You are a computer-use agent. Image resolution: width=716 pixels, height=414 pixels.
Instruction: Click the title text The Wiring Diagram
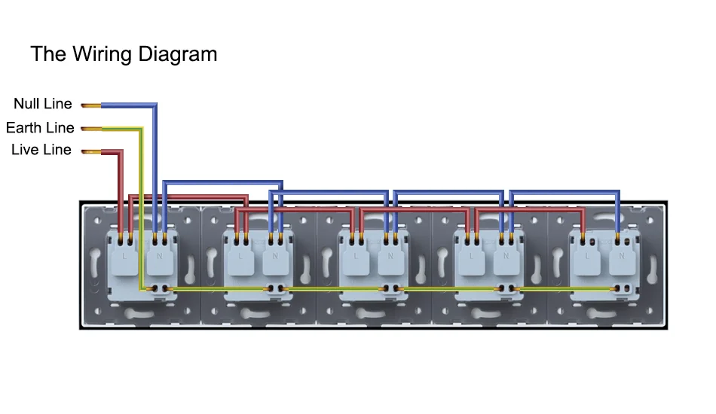pos(124,54)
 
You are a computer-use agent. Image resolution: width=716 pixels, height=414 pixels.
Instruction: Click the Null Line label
pos(43,104)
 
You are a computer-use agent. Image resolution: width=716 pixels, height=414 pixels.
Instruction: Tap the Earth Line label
pos(40,127)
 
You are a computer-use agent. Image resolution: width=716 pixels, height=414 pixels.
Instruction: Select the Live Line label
pos(41,150)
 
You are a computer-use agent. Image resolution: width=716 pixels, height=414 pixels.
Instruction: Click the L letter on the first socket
pos(124,257)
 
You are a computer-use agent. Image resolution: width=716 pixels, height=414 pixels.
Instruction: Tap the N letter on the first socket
pos(159,257)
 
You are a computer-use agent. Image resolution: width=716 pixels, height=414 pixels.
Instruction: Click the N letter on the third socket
pos(391,257)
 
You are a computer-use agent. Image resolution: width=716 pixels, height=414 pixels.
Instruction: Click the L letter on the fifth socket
pos(587,257)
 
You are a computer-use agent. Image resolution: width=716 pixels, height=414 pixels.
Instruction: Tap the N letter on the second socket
pos(275,257)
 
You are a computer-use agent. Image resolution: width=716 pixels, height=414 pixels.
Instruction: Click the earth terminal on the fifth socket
pos(623,289)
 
